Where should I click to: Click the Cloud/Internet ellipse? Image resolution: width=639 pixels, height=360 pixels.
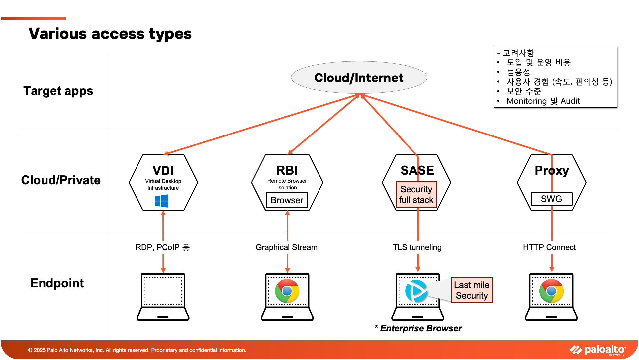359,77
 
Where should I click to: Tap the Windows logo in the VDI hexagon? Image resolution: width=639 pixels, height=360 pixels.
162,201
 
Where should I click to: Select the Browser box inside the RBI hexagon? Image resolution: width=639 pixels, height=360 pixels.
287,200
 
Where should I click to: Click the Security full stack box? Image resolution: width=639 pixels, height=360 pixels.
416,194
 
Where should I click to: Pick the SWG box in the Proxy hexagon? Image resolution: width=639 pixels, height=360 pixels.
551,199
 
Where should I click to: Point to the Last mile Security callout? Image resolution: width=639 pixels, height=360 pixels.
472,290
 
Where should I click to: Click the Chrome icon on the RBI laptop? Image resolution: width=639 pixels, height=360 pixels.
287,291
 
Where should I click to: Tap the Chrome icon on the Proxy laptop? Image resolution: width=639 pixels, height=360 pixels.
551,291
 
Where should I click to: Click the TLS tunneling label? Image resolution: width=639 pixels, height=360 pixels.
417,247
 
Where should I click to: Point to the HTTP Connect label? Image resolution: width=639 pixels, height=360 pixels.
549,247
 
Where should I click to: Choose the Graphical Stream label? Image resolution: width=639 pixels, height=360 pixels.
287,247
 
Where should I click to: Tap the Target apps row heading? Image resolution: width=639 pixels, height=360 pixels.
58,91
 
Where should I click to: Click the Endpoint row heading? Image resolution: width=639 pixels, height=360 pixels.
57,283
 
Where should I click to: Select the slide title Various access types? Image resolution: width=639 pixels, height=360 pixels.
110,34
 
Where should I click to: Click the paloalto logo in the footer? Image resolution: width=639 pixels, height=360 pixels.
598,350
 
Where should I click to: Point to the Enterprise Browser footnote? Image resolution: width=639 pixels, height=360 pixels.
418,328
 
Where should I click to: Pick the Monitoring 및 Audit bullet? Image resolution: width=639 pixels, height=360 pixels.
543,101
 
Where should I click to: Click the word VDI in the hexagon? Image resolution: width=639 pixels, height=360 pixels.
163,171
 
